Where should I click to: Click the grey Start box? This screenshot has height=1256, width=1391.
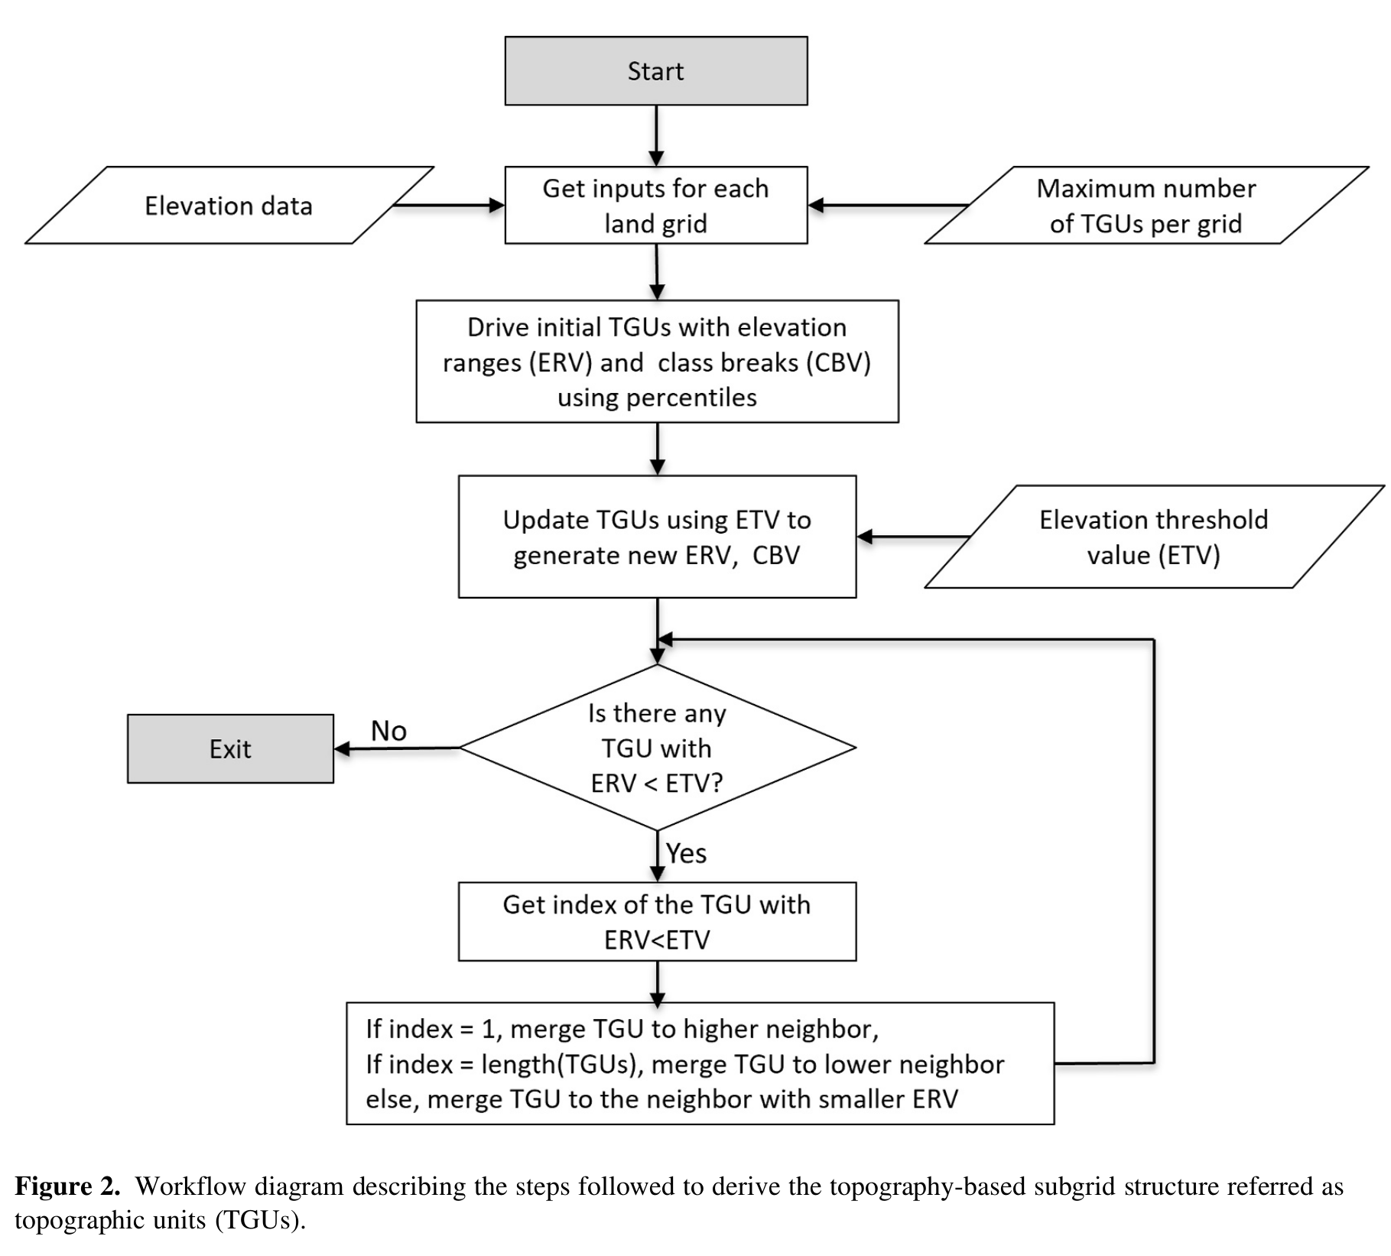tap(655, 70)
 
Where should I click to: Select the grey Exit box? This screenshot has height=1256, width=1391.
tap(230, 748)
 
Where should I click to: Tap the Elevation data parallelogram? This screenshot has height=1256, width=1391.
tap(229, 206)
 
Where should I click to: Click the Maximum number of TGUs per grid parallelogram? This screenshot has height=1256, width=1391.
tap(1146, 206)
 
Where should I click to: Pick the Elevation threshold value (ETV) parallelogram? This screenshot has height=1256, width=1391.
tap(1153, 537)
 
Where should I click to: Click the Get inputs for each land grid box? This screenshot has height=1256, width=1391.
tap(655, 205)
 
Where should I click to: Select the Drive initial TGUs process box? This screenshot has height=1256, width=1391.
tap(657, 361)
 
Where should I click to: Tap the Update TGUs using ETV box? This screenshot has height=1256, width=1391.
tap(657, 537)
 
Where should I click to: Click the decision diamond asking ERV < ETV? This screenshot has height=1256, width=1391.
tap(657, 748)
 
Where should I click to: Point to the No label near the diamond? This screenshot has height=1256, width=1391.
tap(388, 731)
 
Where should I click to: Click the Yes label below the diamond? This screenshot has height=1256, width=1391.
tap(686, 853)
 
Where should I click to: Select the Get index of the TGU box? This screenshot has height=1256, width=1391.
tap(657, 921)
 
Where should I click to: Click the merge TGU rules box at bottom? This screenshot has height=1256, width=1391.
tap(700, 1063)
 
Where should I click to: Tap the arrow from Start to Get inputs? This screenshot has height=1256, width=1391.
tap(657, 135)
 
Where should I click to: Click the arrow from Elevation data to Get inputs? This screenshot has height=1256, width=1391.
tap(447, 205)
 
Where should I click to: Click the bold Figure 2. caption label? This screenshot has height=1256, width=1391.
tap(67, 1186)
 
